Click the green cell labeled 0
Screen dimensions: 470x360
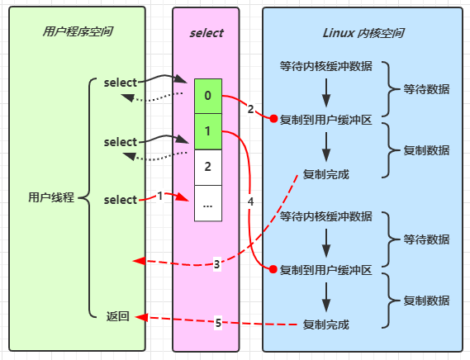(x=208, y=97)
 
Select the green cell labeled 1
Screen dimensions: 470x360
(x=208, y=131)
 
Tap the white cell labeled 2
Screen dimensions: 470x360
(x=208, y=168)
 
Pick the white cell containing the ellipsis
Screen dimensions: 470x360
(x=208, y=203)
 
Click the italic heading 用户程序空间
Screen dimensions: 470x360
(x=78, y=31)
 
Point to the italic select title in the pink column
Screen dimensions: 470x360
(x=207, y=33)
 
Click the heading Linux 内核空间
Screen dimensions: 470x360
(x=363, y=33)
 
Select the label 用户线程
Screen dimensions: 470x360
(x=51, y=197)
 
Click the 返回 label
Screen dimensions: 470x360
(x=118, y=316)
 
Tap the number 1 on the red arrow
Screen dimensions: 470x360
(x=160, y=196)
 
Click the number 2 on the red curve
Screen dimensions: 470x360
(x=250, y=109)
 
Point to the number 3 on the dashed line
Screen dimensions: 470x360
(x=217, y=264)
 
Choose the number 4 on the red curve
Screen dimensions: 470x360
(x=250, y=201)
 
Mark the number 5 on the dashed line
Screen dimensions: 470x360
(x=218, y=323)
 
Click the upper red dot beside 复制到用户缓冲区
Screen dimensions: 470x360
(x=273, y=119)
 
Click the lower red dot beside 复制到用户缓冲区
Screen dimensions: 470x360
(x=273, y=269)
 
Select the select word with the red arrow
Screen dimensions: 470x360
(x=121, y=200)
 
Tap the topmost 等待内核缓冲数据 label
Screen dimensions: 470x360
(x=326, y=66)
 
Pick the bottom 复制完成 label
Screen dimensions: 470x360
(x=326, y=324)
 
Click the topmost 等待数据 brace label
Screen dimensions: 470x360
(x=426, y=89)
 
